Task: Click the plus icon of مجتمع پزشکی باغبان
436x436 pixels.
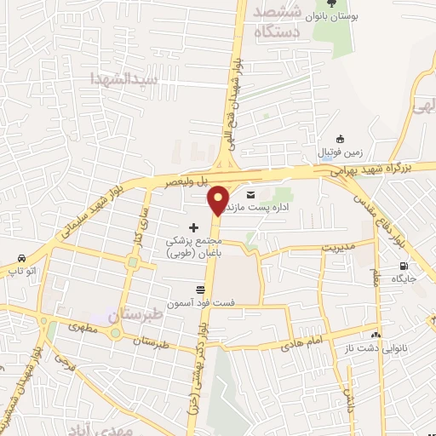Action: pyautogui.click(x=194, y=227)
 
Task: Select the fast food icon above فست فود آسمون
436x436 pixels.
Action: pyautogui.click(x=202, y=290)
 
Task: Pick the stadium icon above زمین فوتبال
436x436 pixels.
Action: pyautogui.click(x=341, y=141)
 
